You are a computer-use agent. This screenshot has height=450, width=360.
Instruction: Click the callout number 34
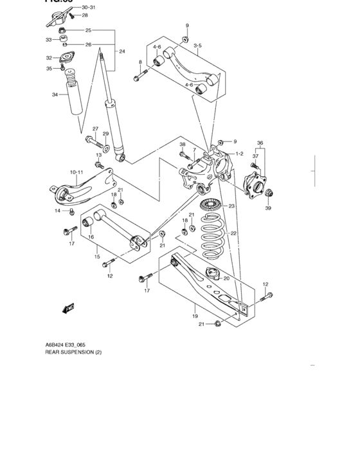pos(55,94)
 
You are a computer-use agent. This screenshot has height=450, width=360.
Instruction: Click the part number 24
pos(122,51)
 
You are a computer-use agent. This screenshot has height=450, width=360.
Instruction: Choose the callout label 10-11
pos(76,172)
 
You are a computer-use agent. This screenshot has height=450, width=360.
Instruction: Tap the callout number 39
pos(268,208)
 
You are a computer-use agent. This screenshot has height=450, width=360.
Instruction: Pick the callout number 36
pos(260,143)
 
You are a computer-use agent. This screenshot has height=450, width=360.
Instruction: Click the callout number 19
pos(194,316)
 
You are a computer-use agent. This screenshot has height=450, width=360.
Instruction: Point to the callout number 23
pos(231,206)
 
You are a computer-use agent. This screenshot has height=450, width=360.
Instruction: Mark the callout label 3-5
pos(196,46)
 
